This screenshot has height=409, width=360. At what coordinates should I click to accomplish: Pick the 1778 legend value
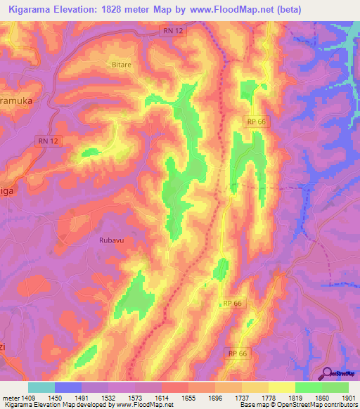[x=268, y=398]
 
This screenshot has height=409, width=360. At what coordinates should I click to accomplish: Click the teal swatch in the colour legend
[x=41, y=387]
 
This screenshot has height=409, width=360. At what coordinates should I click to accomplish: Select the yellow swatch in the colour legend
[x=281, y=387]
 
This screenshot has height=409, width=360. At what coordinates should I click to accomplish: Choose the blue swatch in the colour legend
[x=68, y=387]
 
